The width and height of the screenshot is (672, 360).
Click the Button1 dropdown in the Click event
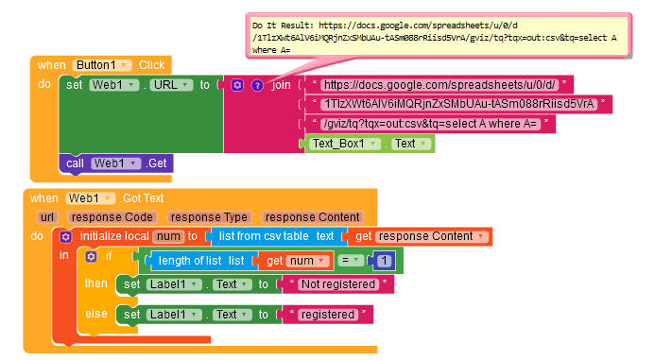(x=101, y=65)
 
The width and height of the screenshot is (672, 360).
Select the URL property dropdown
(x=171, y=85)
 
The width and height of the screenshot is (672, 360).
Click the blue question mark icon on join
(x=257, y=85)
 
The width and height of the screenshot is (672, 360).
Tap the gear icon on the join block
(x=237, y=85)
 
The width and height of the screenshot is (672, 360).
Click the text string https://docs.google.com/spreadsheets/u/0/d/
(x=439, y=84)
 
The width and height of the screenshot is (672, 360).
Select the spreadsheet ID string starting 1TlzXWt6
(x=459, y=104)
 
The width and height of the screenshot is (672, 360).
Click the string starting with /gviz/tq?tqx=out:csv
(x=430, y=124)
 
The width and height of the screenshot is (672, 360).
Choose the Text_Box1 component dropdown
(x=345, y=144)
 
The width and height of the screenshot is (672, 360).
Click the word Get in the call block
(x=157, y=163)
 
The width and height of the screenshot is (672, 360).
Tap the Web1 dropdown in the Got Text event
(x=90, y=198)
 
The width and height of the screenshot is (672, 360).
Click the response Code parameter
(x=112, y=217)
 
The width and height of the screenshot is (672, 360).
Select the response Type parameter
(x=209, y=217)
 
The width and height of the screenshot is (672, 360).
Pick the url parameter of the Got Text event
(x=47, y=217)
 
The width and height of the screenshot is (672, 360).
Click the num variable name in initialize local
(x=168, y=236)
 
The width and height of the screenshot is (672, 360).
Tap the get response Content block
(x=420, y=236)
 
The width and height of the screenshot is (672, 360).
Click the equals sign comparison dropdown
(x=350, y=261)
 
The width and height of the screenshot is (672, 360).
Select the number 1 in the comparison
(x=384, y=261)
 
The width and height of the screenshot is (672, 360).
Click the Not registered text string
(x=338, y=284)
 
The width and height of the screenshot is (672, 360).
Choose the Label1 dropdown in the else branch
(x=174, y=315)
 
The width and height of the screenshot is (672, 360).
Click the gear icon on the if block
(x=91, y=256)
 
